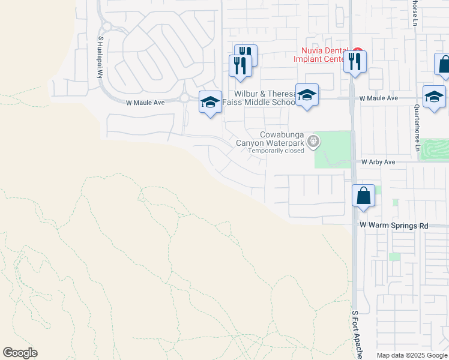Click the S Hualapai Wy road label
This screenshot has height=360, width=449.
coord(101,56)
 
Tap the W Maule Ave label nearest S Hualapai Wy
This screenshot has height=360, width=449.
coord(145,103)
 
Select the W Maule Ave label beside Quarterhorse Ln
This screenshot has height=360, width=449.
coord(379,98)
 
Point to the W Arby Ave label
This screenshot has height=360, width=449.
coord(378,162)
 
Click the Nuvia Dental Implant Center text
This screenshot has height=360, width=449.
coord(321,55)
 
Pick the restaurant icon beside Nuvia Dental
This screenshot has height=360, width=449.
coord(355,61)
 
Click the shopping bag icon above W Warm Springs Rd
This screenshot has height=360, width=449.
coord(363,196)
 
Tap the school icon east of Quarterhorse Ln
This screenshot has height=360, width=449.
coord(433,97)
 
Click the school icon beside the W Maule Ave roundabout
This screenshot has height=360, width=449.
coord(210,102)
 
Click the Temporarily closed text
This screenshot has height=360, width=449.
coord(276,151)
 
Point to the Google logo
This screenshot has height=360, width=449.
coord(20,353)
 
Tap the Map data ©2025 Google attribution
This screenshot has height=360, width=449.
coord(412,355)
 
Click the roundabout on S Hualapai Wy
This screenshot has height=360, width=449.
coord(107,26)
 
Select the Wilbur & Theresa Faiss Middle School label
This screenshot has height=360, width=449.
coord(259,98)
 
